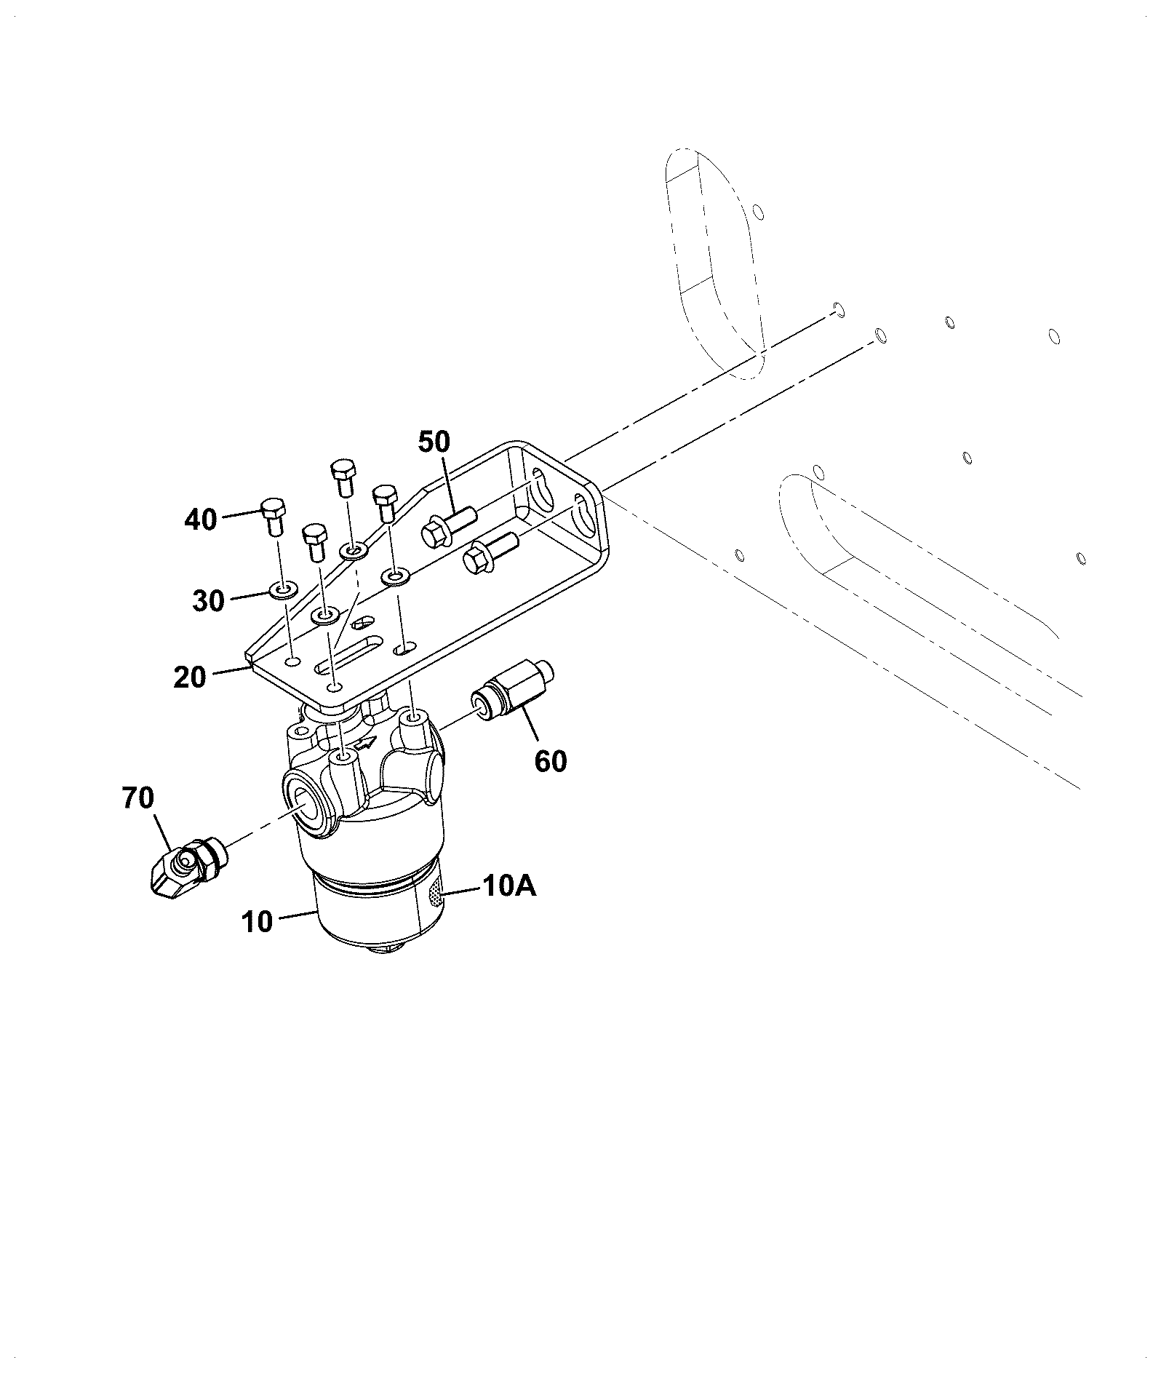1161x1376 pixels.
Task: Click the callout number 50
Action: pyautogui.click(x=434, y=442)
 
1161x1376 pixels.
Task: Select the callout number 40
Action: pyautogui.click(x=201, y=520)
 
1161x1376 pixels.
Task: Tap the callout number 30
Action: pyautogui.click(x=209, y=601)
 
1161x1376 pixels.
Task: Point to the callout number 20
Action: pyautogui.click(x=190, y=677)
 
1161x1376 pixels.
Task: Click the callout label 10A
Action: pyautogui.click(x=508, y=886)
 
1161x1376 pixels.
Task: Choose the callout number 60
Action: pyautogui.click(x=551, y=761)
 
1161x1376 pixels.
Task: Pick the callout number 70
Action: pyautogui.click(x=138, y=798)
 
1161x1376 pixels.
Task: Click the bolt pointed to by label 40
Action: pyautogui.click(x=273, y=517)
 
